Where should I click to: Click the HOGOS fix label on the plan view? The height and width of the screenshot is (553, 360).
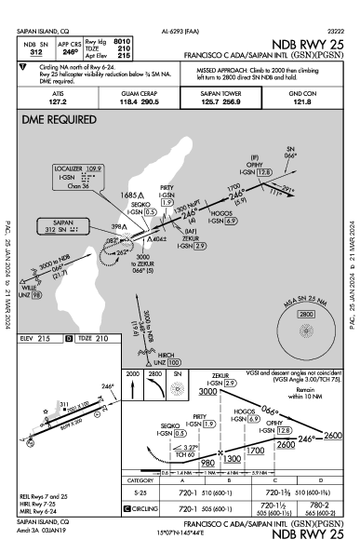[221, 212]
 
